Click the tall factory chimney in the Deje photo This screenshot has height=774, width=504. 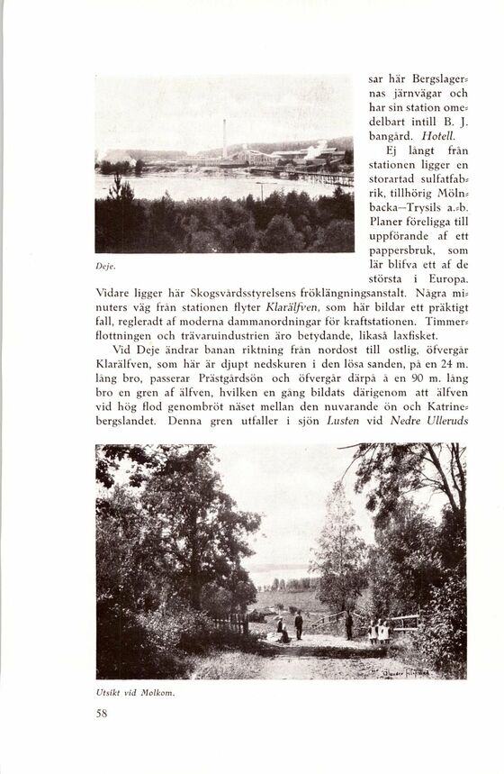224,137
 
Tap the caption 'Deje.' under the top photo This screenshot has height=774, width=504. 104,266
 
